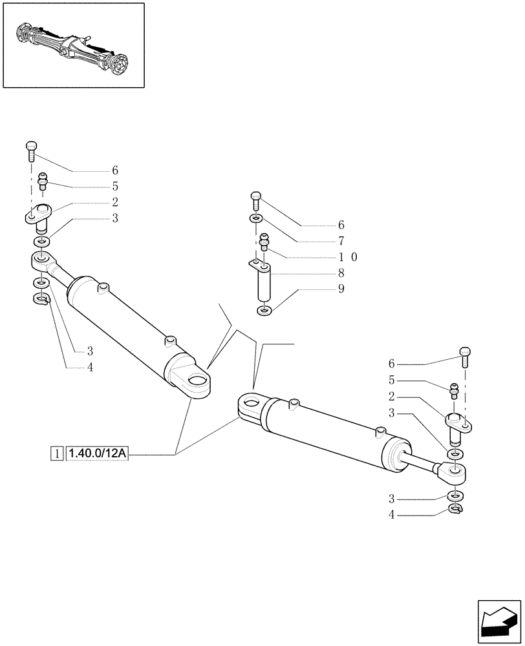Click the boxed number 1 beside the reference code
point(58,455)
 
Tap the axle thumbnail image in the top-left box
point(72,45)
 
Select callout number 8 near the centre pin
point(341,273)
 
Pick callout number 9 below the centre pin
point(341,289)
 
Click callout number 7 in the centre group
point(341,241)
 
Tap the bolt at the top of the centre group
point(256,199)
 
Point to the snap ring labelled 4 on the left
point(41,298)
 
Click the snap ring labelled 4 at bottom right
point(456,511)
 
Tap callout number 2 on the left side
point(114,202)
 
